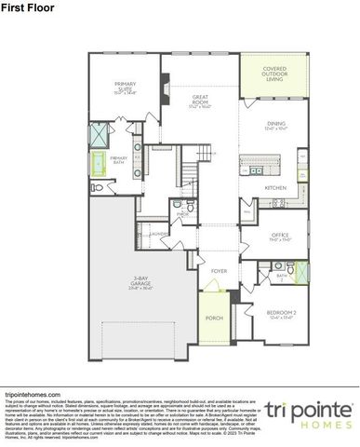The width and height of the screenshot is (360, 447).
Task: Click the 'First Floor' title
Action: click(21, 7)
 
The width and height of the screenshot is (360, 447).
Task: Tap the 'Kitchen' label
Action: click(275, 188)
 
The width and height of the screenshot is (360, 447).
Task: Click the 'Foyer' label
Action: click(218, 271)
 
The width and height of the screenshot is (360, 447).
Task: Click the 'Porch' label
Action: click(213, 318)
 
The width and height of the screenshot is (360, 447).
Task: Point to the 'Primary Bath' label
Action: click(118, 159)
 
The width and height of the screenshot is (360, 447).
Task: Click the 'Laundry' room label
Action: click(157, 235)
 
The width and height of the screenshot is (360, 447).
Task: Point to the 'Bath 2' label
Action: click(280, 277)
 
